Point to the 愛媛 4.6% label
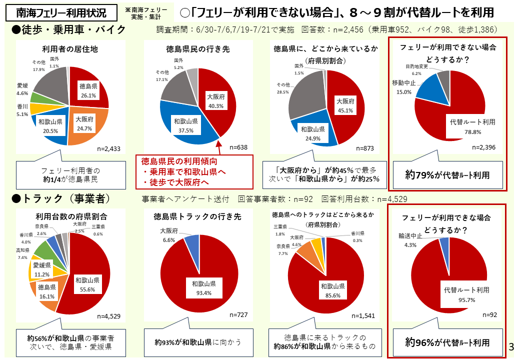pos(22,89)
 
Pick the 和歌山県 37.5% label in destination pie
pos(186,125)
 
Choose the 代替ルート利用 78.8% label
pos(465,125)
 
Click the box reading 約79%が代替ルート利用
pos(447,175)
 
